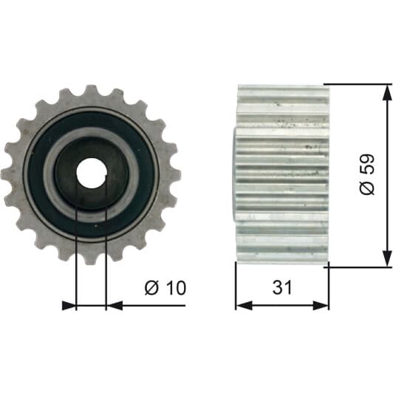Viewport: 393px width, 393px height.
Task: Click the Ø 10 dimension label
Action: pos(165,288)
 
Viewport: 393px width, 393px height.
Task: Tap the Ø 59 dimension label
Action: pos(367,174)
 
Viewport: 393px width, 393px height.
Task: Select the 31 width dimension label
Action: pos(282,287)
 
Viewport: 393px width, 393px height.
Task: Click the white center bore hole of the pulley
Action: pos(92,173)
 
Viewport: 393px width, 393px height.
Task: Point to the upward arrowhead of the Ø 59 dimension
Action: pos(387,93)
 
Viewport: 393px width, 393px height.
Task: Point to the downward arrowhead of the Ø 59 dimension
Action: pos(387,258)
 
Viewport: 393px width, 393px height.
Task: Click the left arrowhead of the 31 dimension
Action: pos(244,306)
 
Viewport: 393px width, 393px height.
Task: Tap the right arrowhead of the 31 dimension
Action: pos(321,306)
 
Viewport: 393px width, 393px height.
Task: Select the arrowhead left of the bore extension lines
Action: pos(69,306)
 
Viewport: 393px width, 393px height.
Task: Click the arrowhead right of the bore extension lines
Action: pos(115,306)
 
